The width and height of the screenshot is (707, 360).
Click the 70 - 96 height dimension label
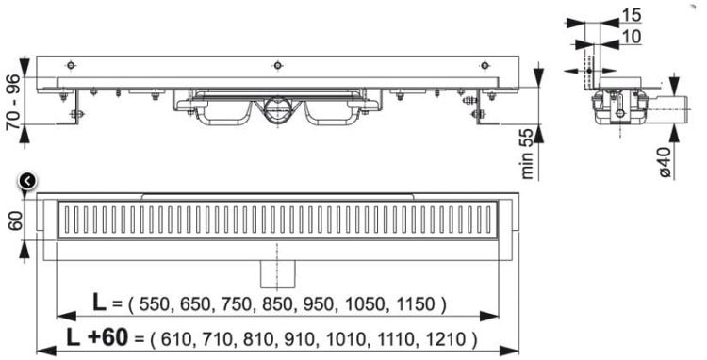pyautogui.click(x=12, y=104)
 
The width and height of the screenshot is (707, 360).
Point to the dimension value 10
pyautogui.click(x=628, y=36)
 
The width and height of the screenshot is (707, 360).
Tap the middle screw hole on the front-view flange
pyautogui.click(x=277, y=65)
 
